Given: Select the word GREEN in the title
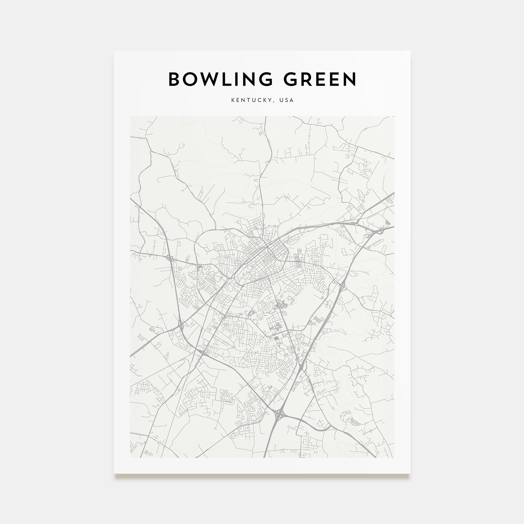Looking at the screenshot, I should point(320,79).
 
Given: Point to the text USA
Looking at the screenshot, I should point(286,100).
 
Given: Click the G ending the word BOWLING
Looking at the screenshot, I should point(265,79).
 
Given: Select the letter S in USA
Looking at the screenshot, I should point(286,100).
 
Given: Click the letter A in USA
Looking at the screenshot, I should point(292,100).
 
